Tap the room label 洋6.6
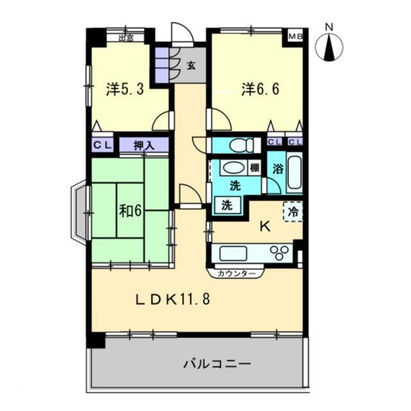(x=260, y=89)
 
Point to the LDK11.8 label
(x=172, y=299)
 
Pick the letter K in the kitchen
(x=263, y=225)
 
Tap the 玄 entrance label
(x=191, y=64)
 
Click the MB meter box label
(x=295, y=36)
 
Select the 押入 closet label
(x=144, y=146)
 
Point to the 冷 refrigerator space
(x=293, y=211)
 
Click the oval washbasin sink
(x=234, y=168)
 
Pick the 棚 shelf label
(x=254, y=168)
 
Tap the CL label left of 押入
(x=102, y=146)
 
